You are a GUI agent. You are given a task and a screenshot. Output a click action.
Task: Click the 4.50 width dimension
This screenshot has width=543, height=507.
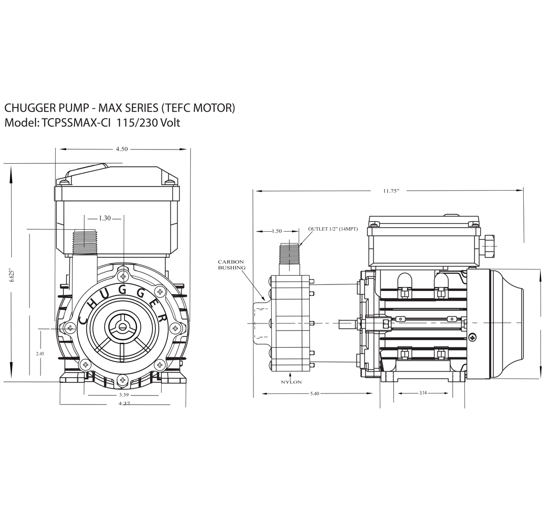click(122, 149)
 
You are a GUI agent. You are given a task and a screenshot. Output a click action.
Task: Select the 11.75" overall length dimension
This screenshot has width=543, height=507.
click(391, 191)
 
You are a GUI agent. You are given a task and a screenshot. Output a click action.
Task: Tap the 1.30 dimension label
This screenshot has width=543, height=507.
click(104, 218)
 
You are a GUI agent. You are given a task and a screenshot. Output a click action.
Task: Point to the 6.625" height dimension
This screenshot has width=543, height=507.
click(12, 275)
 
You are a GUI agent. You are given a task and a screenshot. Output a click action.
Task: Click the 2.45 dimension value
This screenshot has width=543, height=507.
click(40, 353)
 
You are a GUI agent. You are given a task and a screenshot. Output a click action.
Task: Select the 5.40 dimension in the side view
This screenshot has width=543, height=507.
click(314, 393)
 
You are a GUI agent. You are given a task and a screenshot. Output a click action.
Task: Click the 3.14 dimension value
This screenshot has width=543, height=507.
click(423, 393)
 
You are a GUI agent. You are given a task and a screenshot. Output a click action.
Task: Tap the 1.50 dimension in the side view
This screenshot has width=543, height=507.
click(277, 231)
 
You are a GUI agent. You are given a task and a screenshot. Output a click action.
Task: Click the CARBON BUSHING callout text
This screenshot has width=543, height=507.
click(231, 265)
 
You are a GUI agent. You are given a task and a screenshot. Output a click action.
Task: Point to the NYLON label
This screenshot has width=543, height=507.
click(291, 382)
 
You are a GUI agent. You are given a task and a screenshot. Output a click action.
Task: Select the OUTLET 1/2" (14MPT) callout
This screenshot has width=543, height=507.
click(333, 229)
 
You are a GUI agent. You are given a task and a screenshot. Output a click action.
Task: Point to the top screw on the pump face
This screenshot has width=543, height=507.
click(123, 276)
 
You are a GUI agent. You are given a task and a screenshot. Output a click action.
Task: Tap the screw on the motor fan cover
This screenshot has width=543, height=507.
click(473, 337)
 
